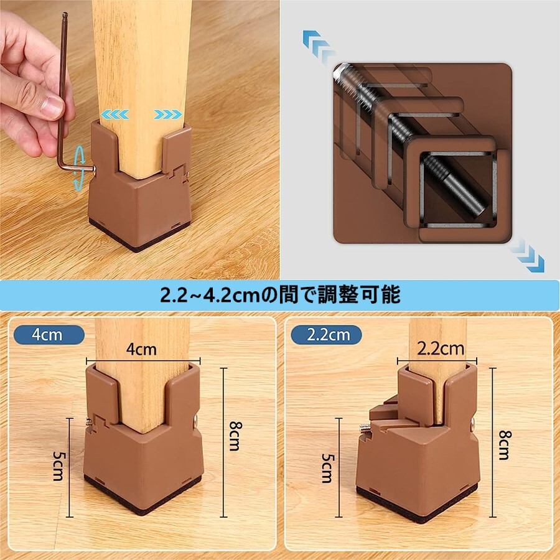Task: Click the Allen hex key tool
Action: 63,107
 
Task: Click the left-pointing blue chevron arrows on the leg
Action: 114,114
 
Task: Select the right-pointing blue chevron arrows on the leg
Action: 168,114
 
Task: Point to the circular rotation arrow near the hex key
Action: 79,166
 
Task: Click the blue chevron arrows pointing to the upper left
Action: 319,47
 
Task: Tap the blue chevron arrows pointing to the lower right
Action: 527,255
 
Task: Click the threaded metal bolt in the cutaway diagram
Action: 411,143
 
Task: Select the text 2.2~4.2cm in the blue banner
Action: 210,296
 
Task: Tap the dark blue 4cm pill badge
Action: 49,335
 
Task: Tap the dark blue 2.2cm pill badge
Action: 326,335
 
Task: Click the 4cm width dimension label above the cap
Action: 141,349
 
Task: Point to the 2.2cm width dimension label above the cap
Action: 441,348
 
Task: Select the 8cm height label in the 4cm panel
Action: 236,436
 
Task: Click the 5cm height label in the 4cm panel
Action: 59,466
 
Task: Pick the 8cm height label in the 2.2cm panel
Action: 505,445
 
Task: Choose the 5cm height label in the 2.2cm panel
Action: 328,468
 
